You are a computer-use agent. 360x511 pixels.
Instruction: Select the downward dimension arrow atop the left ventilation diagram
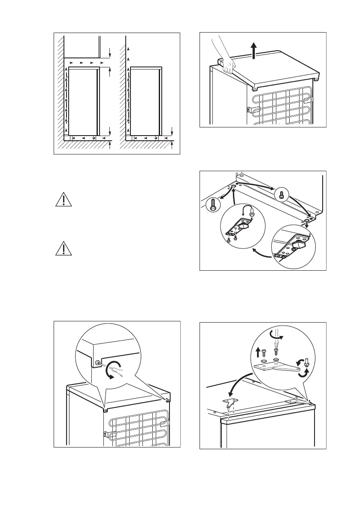110,53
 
